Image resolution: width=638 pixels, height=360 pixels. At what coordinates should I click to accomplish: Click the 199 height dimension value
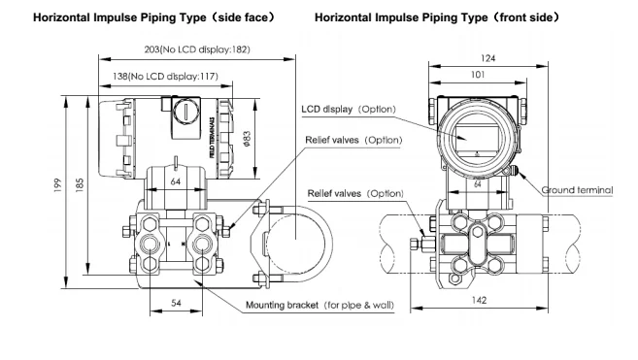click(x=57, y=185)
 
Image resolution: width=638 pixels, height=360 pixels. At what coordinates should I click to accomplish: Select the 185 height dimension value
click(x=80, y=184)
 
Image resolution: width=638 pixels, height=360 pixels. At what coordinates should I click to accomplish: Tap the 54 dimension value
click(x=176, y=303)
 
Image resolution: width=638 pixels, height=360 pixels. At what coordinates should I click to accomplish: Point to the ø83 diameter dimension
click(x=247, y=139)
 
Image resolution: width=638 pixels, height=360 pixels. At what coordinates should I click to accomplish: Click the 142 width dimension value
click(x=479, y=300)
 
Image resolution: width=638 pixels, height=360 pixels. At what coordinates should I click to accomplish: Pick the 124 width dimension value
click(x=487, y=58)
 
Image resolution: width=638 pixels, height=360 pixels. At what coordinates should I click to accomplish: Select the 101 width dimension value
click(x=478, y=75)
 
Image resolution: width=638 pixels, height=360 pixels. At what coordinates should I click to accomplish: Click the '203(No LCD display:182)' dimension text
click(x=197, y=49)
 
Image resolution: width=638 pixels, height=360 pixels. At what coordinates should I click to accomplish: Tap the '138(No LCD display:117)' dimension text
click(x=166, y=76)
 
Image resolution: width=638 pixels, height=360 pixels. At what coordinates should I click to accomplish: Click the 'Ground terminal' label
click(x=577, y=190)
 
